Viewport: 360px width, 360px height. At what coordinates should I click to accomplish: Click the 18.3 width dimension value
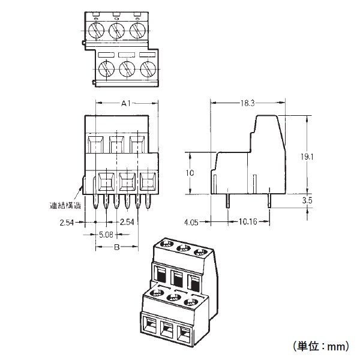[248, 104]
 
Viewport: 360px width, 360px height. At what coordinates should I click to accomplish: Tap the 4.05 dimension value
[191, 221]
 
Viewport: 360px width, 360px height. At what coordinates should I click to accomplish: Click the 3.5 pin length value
[307, 200]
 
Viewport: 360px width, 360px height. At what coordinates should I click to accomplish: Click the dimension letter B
[118, 247]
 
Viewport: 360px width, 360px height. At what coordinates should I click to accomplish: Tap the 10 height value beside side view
[190, 173]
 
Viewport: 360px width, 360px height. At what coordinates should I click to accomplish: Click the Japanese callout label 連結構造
[65, 205]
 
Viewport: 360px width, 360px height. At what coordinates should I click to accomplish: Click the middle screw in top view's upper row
[116, 28]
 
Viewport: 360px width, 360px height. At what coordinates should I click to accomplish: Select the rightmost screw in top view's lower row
[147, 68]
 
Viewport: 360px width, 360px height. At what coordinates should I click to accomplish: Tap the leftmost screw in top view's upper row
[95, 28]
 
